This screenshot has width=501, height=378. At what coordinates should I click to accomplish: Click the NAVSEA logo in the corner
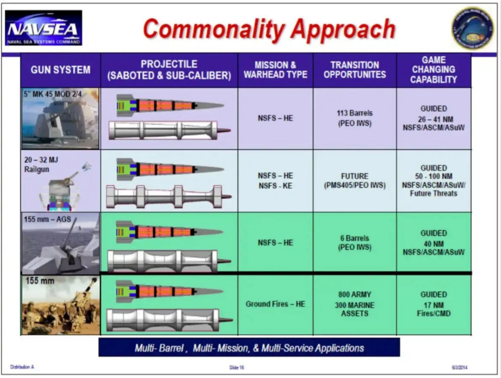44,28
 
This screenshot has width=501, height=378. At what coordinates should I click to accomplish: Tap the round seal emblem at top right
472,28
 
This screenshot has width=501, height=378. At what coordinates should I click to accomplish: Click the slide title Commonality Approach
269,29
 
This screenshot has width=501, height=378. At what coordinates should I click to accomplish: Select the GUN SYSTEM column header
61,70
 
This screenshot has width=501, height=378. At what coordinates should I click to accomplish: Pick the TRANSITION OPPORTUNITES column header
355,70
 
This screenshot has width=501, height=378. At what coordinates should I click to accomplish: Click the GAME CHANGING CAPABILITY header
433,70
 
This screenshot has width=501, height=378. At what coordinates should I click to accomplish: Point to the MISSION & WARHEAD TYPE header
275,70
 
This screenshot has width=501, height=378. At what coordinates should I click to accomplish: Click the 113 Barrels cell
355,118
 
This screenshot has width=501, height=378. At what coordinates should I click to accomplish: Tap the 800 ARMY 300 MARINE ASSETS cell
355,304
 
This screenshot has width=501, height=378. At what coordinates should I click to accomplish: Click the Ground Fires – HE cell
275,304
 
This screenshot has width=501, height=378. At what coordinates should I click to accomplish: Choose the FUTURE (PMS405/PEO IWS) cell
355,180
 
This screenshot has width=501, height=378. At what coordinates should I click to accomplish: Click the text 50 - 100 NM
433,177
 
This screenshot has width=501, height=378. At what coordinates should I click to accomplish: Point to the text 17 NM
433,304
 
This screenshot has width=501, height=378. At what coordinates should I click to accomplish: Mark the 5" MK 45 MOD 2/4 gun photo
61,119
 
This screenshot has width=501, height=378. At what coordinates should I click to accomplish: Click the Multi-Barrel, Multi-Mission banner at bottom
249,348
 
